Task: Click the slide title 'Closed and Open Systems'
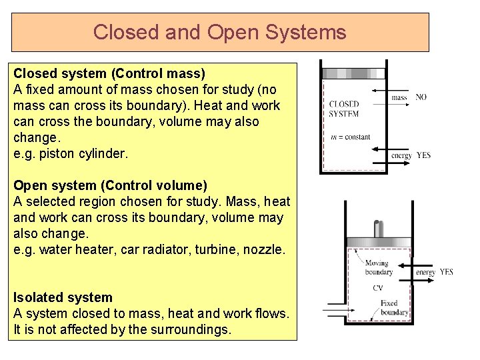tap(220, 32)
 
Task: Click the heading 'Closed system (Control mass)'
tap(109, 73)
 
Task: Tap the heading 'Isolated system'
tap(63, 297)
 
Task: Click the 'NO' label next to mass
tap(421, 97)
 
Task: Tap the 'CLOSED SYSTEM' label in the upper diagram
tap(344, 109)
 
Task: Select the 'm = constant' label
tap(351, 137)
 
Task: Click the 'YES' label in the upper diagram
tap(423, 155)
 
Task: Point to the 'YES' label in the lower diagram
tap(446, 272)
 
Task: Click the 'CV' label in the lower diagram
tap(378, 288)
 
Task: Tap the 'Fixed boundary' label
tap(394, 307)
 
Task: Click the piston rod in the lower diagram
tap(378, 228)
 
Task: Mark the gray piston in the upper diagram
tap(353, 73)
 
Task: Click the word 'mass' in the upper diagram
tap(399, 97)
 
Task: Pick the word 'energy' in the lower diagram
tap(425, 272)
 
